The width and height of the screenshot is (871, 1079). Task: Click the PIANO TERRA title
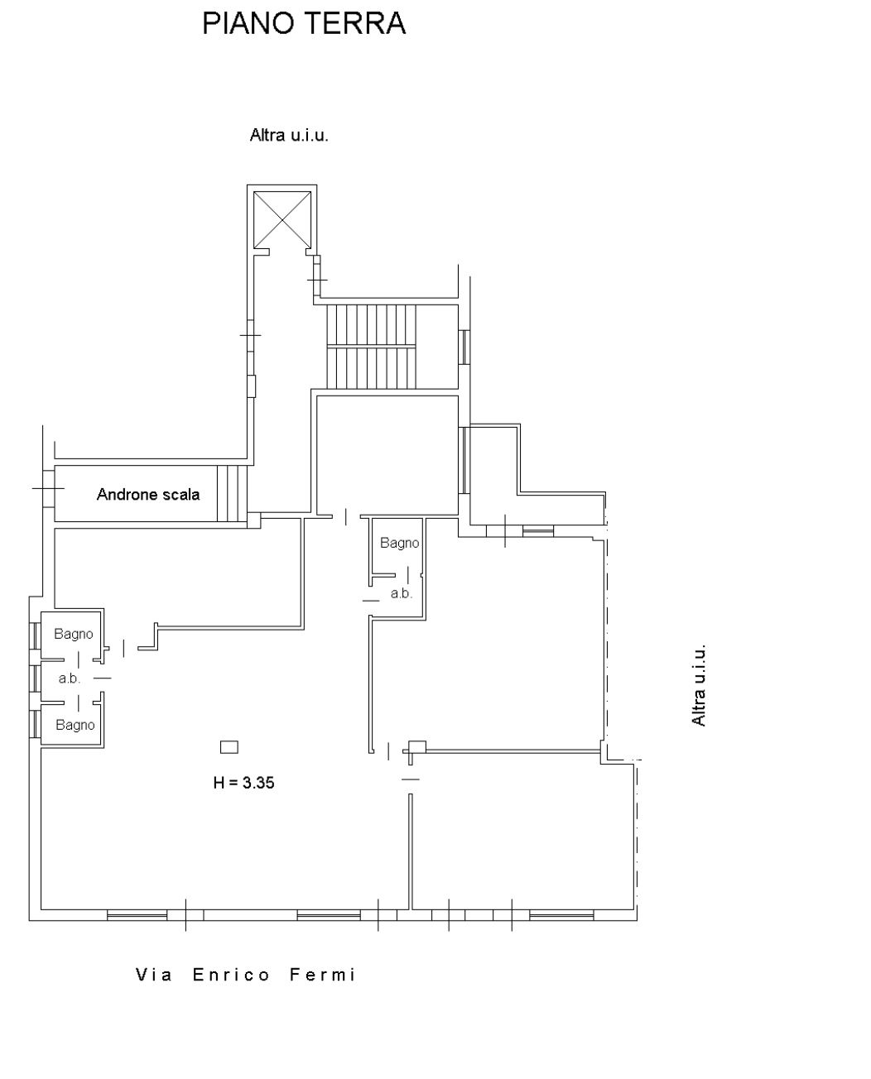304,23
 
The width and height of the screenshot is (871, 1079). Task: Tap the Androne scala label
148,495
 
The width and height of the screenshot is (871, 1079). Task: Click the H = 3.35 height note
244,783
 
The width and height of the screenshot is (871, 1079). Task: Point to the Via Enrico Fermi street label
245,976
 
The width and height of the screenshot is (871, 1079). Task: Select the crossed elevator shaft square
282,219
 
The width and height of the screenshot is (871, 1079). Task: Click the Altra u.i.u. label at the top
289,136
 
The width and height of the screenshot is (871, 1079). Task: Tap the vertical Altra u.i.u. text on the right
699,685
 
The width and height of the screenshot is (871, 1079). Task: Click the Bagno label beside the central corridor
399,543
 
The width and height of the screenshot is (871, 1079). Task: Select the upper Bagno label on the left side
73,634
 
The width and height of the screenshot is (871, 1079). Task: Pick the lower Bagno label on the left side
75,725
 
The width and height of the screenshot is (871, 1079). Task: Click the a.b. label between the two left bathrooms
70,679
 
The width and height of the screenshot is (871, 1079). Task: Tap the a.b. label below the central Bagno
402,593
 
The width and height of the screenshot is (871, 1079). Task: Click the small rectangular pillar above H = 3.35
229,747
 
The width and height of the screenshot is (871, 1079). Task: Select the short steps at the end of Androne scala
233,494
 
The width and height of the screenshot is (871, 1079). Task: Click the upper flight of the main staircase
371,324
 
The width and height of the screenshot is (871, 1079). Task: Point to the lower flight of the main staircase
371,368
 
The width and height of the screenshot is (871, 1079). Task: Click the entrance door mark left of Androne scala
48,488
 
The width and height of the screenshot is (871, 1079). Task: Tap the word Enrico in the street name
231,976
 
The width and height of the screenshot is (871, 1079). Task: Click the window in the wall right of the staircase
464,347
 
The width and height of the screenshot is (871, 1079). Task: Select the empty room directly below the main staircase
387,455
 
